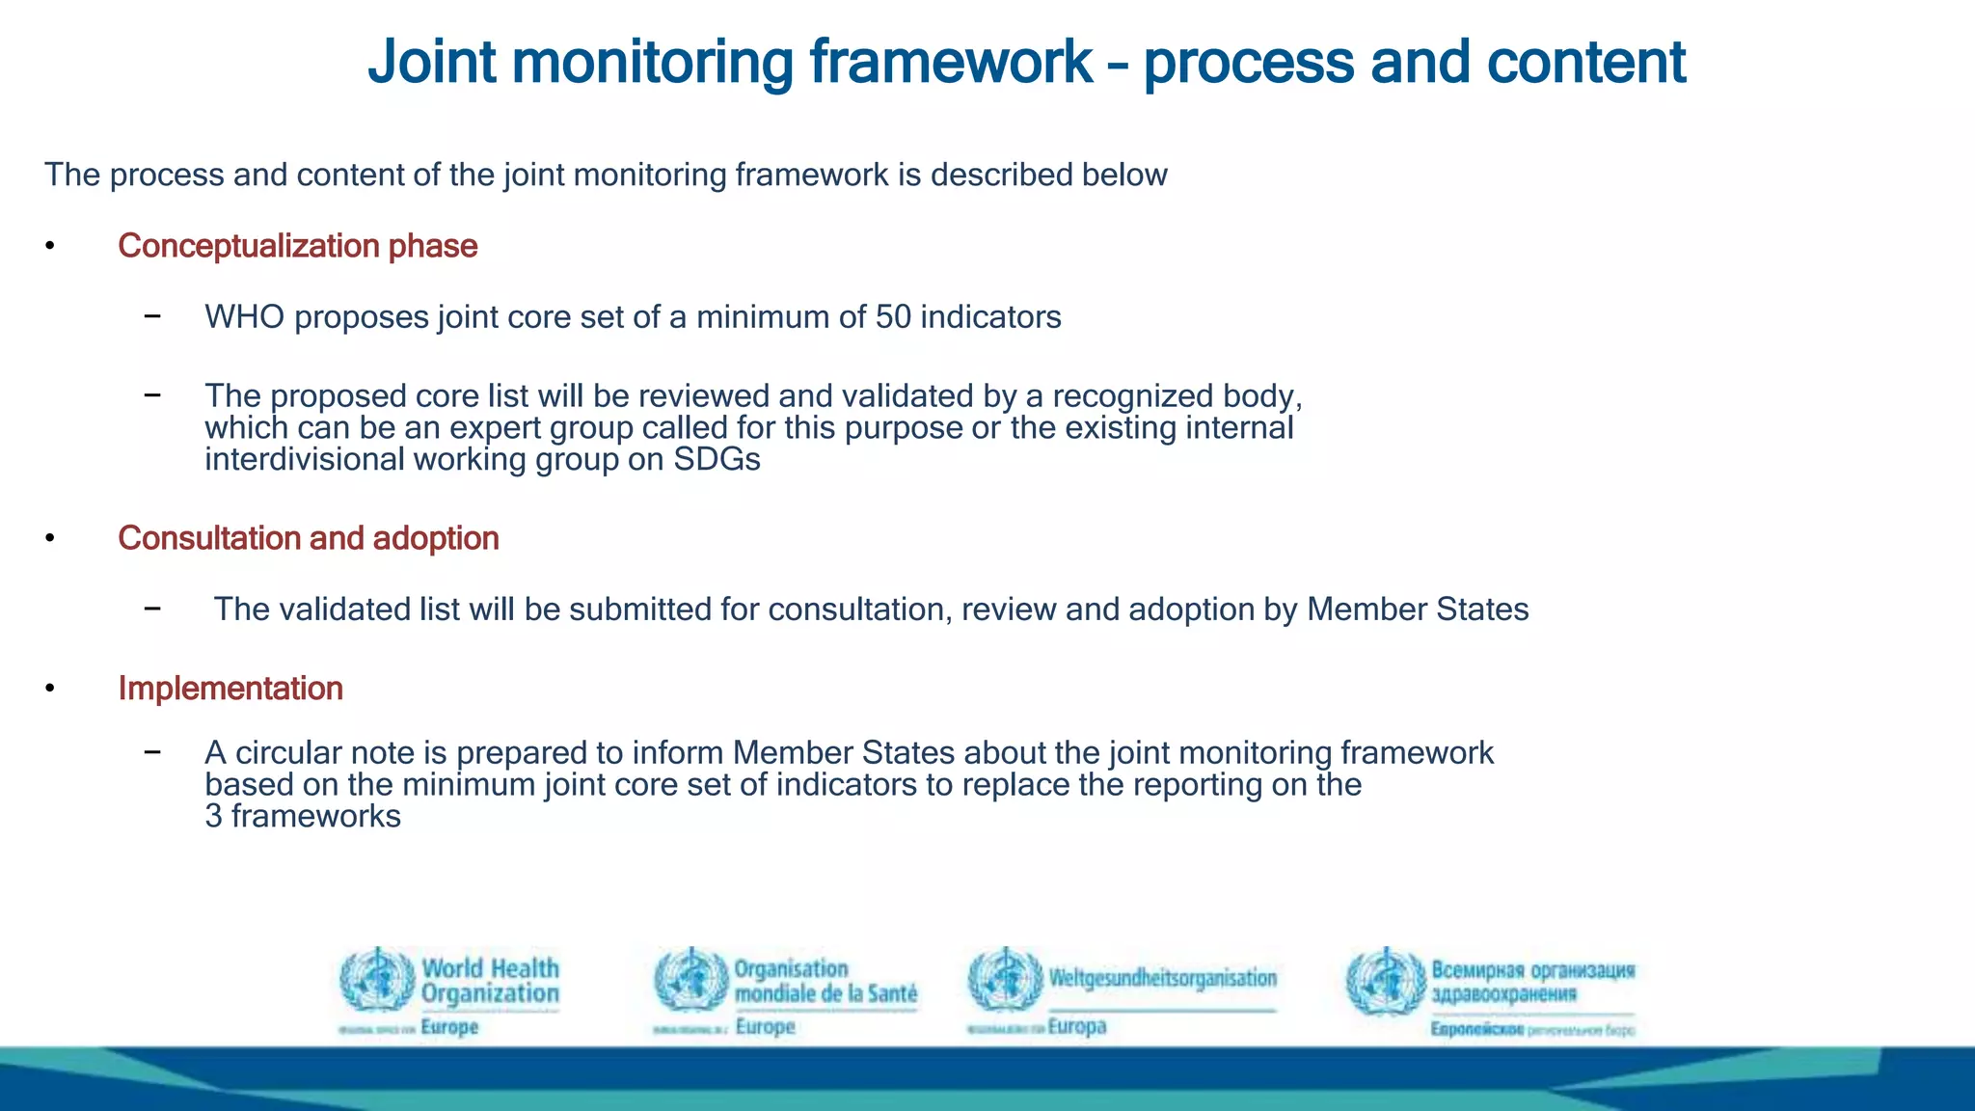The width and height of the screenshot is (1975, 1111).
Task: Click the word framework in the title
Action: click(x=950, y=62)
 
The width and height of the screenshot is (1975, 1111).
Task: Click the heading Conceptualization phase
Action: click(x=297, y=246)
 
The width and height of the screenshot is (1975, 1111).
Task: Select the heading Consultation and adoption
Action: click(x=308, y=538)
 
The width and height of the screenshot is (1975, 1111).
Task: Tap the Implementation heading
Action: click(x=230, y=689)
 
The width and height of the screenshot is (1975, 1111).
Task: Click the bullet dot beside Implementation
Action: click(x=49, y=689)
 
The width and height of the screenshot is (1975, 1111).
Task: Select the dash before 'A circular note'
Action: click(x=152, y=752)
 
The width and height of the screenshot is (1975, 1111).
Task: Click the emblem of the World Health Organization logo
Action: click(x=377, y=980)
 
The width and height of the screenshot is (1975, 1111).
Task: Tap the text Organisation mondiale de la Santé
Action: click(x=825, y=981)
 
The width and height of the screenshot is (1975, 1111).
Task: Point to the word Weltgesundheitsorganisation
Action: click(x=1162, y=978)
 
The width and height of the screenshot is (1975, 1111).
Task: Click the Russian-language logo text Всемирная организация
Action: click(x=1532, y=970)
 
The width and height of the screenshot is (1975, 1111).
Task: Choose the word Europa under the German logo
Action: click(x=1076, y=1026)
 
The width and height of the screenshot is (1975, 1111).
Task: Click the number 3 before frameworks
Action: click(x=213, y=817)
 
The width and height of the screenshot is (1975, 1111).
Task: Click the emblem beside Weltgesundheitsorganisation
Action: click(x=1005, y=980)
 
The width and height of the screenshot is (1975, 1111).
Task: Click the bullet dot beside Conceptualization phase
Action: click(x=49, y=246)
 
